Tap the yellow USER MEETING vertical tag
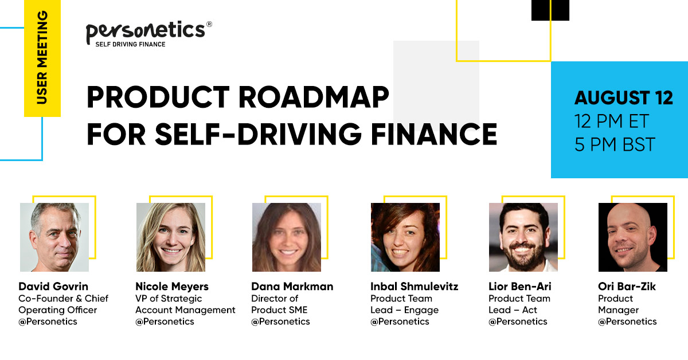(42, 58)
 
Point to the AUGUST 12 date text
(623, 98)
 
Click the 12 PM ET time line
(611, 121)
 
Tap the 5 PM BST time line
(614, 144)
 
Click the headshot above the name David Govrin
(54, 237)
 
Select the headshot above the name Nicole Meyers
(170, 237)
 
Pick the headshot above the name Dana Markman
(287, 237)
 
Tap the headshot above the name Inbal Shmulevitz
(405, 237)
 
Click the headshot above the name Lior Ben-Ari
(523, 237)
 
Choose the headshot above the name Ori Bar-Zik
(632, 237)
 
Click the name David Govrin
(53, 286)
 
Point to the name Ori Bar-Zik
(626, 286)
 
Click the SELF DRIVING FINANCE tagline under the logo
(130, 44)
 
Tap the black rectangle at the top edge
(550, 10)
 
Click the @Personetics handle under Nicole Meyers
(165, 322)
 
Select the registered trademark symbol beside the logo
(209, 25)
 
